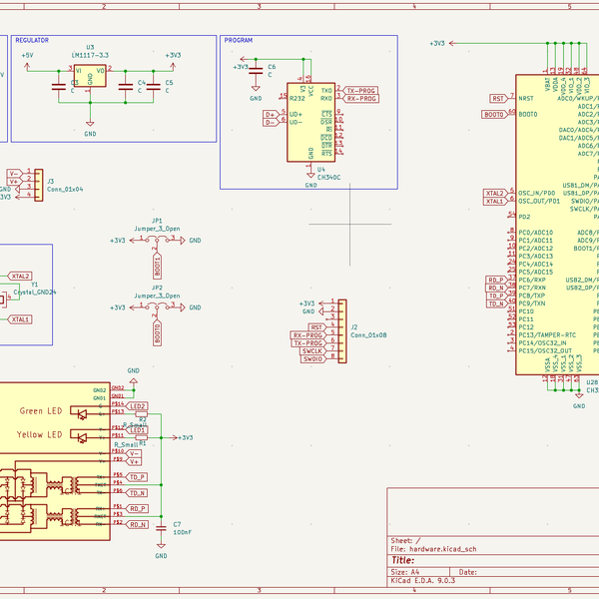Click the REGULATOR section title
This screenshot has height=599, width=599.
pos(33,41)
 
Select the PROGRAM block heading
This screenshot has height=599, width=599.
pos(238,41)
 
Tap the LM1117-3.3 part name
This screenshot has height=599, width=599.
pos(90,55)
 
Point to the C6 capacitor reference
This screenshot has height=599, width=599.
pos(271,65)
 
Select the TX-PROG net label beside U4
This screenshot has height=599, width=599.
pos(361,90)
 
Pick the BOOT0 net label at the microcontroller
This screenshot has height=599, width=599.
pos(493,115)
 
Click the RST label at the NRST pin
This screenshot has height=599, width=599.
pos(498,98)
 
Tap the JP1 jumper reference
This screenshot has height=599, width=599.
pos(157,220)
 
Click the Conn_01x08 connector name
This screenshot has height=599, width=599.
pos(367,335)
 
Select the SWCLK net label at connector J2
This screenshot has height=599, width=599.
pos(312,350)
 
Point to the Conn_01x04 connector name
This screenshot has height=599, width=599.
pos(64,189)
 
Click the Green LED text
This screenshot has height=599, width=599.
pos(40,411)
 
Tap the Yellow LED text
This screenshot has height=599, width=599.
pos(40,435)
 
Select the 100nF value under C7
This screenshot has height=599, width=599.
pos(182,532)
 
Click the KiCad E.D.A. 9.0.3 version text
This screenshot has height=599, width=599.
pos(422,580)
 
